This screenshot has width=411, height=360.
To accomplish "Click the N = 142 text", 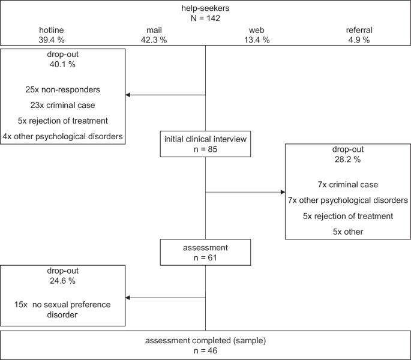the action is coord(205,18).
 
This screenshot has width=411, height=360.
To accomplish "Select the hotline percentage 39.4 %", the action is coord(52,40).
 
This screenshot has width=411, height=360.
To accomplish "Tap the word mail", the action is coord(154,30).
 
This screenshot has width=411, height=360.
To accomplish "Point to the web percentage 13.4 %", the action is coord(257,40).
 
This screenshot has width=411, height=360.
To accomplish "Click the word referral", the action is coord(359,30).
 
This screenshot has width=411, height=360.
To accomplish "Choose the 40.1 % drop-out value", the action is coord(62,64).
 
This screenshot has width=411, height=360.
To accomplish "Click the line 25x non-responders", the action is coord(62,89).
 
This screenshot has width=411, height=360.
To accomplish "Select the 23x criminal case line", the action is coord(62,105).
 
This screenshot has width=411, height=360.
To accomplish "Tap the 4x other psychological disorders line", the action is coord(62,136).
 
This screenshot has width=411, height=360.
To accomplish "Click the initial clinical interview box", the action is coord(205,144).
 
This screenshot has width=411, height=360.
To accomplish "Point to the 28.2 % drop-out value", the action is coord(348,160).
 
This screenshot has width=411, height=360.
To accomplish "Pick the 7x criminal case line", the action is coord(348,185).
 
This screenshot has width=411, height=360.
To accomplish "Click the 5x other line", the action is coord(348,232).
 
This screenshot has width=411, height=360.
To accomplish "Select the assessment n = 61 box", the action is coord(205,252).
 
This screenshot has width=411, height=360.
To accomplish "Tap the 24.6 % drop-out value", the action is coord(62,281).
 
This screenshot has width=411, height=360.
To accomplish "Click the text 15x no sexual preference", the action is coord(62,305).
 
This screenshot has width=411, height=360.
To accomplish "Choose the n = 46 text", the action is coord(205,350).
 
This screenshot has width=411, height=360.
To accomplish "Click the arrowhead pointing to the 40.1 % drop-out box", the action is coord(128,95).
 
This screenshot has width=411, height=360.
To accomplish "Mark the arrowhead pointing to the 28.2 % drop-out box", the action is coord(283,192).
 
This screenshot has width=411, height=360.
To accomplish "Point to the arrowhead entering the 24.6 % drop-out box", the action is coord(128,298).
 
